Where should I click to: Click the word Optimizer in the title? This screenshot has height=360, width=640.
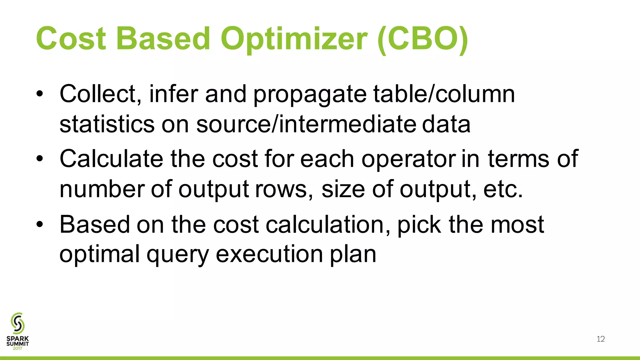tap(294, 39)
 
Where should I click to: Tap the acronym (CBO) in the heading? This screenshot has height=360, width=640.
tap(422, 39)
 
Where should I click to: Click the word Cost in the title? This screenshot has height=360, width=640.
tap(71, 39)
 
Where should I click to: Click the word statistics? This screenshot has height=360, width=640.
tap(107, 124)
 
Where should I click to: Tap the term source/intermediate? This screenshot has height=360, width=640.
tap(306, 124)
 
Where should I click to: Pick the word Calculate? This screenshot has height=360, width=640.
tap(111, 159)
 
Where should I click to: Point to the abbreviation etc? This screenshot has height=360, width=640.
tap(503, 189)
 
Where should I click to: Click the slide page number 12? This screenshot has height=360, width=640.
tap(601, 339)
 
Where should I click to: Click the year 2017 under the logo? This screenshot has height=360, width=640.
tap(17, 348)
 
